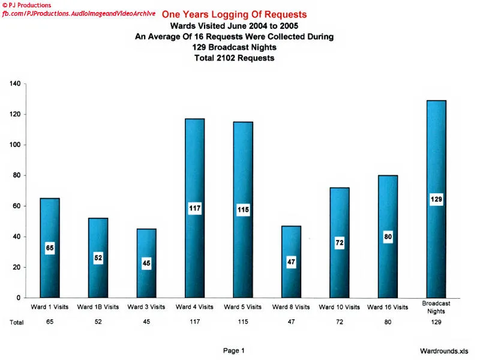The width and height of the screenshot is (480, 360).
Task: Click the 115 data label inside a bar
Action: tap(242, 210)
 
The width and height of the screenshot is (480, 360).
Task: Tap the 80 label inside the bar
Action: tap(388, 237)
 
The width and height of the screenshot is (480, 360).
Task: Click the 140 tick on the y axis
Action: tap(14, 84)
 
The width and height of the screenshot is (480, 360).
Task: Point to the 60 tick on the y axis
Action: tap(16, 206)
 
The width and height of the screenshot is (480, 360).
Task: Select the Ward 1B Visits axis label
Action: tap(98, 307)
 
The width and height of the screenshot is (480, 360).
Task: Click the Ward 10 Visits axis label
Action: tap(339, 307)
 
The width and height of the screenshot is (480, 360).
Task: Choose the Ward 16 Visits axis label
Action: tap(388, 307)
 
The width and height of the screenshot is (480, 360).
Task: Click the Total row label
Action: tap(17, 322)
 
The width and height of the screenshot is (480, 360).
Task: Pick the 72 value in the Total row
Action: tap(339, 322)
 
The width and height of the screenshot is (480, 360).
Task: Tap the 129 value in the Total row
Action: tap(436, 322)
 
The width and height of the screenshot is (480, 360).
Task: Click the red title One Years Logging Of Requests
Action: tap(234, 14)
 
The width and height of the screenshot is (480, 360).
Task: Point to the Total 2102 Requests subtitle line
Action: tap(234, 58)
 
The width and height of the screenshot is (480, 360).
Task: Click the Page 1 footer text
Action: tap(234, 350)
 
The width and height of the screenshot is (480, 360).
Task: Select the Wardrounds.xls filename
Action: tap(444, 350)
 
